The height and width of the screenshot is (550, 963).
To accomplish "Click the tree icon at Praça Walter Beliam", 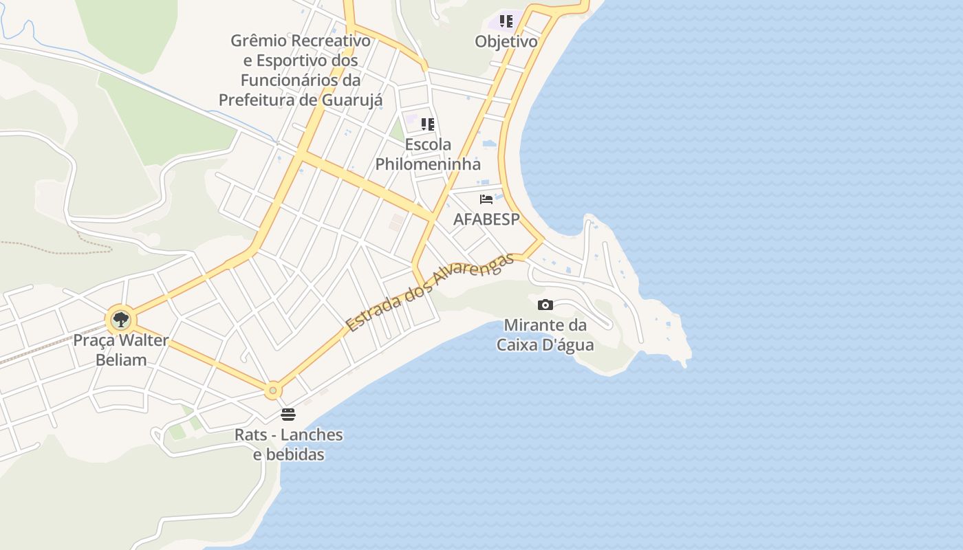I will (121, 320).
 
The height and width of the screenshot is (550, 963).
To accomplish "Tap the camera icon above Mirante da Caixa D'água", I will (545, 305).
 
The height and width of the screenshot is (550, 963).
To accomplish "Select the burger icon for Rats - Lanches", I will (288, 415).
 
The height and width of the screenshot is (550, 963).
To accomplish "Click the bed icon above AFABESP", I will (486, 199).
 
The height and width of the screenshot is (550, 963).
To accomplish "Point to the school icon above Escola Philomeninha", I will (428, 124).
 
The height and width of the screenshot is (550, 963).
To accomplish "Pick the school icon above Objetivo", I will (506, 21).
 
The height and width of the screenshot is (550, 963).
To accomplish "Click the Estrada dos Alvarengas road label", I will (430, 292).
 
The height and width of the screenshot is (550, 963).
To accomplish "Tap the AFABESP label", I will (486, 219).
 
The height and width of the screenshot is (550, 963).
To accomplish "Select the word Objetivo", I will (506, 41).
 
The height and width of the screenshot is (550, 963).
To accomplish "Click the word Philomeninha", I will (428, 164).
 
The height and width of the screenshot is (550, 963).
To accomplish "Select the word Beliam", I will (121, 360).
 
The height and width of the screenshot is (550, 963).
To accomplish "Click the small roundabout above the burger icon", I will (273, 391).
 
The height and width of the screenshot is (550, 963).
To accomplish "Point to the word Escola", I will (428, 144).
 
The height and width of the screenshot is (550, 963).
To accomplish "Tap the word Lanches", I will (312, 434).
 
